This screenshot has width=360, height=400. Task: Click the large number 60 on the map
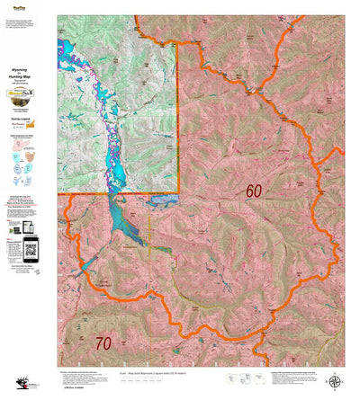253,191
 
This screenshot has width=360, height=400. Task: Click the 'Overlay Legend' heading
27,118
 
